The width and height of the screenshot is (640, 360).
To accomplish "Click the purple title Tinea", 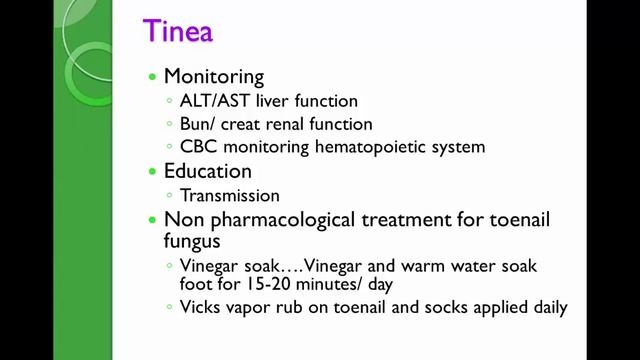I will coord(177,32).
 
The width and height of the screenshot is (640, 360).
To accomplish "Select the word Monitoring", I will coord(214,76).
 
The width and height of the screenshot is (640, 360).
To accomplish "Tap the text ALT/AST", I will coord(213,101).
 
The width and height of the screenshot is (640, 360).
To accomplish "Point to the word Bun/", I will coord(199,124).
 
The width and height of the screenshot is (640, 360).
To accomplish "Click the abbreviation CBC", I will coord(198,147).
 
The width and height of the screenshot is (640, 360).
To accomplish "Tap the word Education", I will coord(208,171).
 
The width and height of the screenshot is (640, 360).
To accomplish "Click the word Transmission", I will coord(229,195).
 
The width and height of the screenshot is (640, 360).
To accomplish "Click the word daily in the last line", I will coord(548,308).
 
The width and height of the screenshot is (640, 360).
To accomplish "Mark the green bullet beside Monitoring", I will coord(152,77).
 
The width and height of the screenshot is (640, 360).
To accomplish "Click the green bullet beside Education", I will coord(152,172).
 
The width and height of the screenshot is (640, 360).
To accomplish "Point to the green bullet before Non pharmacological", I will coord(152,220).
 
